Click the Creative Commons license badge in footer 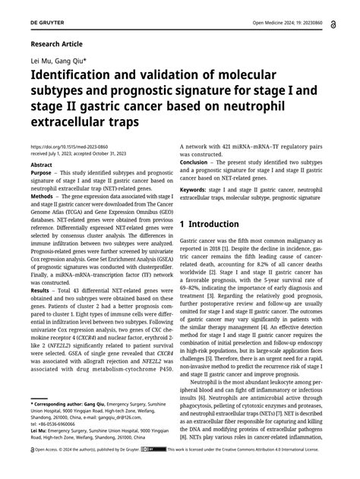(x=158, y=471)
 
